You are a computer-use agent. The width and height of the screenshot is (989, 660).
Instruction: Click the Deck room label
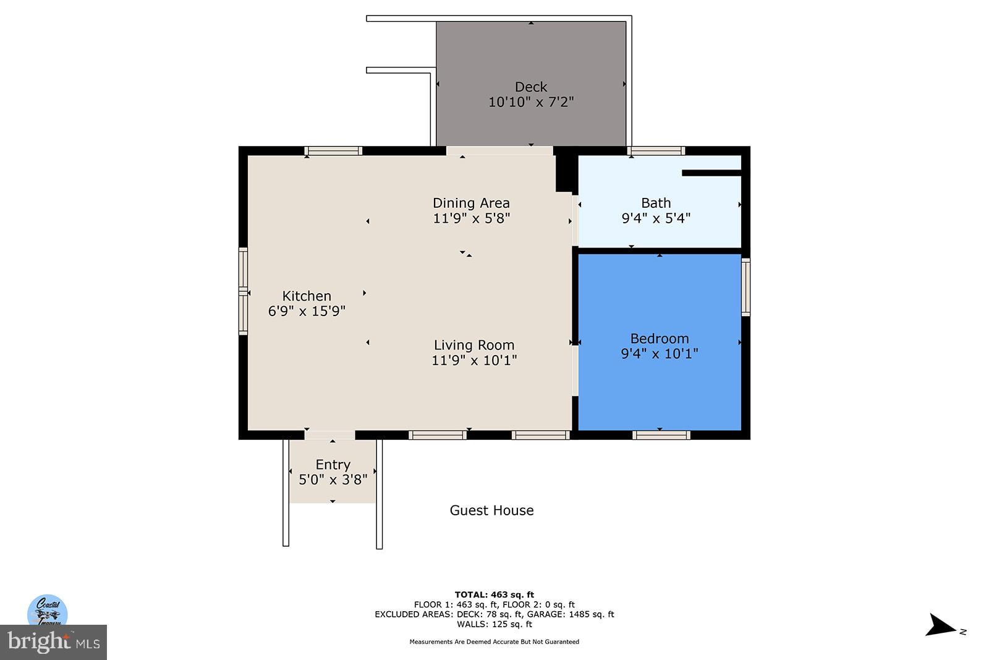click(531, 87)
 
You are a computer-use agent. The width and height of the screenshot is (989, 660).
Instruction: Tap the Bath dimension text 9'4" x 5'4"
click(656, 218)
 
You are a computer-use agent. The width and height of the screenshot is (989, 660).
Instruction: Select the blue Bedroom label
click(660, 338)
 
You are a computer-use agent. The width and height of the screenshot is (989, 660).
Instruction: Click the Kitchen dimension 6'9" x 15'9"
click(307, 311)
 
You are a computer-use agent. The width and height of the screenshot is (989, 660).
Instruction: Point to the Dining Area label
click(471, 203)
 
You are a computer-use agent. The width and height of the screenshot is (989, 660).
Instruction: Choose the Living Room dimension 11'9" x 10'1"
click(474, 361)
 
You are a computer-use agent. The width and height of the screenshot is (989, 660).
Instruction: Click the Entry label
click(333, 465)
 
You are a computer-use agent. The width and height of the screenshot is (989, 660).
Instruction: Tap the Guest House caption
click(491, 510)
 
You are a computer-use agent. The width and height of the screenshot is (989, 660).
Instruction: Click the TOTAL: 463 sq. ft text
click(494, 594)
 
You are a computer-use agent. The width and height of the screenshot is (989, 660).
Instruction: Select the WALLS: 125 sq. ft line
click(494, 624)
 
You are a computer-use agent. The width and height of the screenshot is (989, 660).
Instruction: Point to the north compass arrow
click(941, 626)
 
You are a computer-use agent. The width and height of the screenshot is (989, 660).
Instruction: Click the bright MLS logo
click(53, 642)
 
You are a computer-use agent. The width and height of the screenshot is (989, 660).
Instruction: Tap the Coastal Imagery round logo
click(48, 611)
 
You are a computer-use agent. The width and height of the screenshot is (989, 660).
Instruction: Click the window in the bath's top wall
click(656, 151)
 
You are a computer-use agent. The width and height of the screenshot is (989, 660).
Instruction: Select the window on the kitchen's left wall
click(243, 291)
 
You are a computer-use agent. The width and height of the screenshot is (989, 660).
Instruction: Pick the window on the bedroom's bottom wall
click(661, 435)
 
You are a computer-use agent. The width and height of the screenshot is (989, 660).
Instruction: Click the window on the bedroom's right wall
click(745, 287)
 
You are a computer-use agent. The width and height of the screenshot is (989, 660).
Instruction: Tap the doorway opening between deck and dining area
click(499, 151)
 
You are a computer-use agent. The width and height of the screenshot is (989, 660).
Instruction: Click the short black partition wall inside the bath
click(711, 173)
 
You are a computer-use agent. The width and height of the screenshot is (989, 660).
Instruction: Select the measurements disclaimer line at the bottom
click(494, 641)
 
